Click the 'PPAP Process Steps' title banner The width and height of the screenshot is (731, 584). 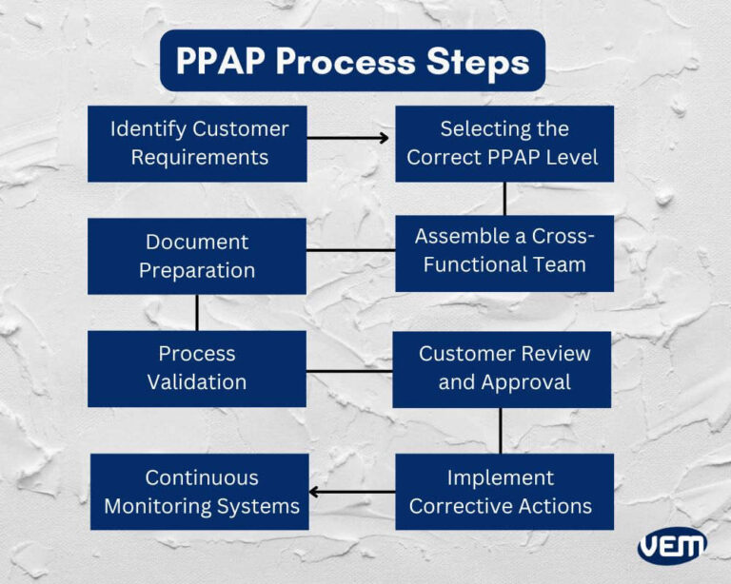pos(352,61)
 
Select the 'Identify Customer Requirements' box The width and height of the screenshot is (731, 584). pos(197,143)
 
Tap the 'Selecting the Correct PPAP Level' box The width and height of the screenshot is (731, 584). pos(504,143)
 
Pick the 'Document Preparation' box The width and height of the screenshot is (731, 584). pos(197,256)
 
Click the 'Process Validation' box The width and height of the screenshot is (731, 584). pos(197,368)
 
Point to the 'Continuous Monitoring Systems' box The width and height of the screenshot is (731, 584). pos(201,492)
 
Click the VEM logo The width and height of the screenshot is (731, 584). pos(672,546)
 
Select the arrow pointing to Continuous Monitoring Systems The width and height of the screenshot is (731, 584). pos(352,492)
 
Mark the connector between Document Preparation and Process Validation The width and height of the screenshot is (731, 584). pos(197,312)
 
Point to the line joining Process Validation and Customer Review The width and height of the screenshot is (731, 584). pos(349,370)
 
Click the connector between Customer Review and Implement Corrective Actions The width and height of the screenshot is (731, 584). pos(501,430)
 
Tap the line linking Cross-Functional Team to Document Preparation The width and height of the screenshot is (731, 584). pos(350,251)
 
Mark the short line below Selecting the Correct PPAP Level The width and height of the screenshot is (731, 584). pos(504,198)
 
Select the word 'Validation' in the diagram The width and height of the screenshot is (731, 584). pos(197,382)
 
